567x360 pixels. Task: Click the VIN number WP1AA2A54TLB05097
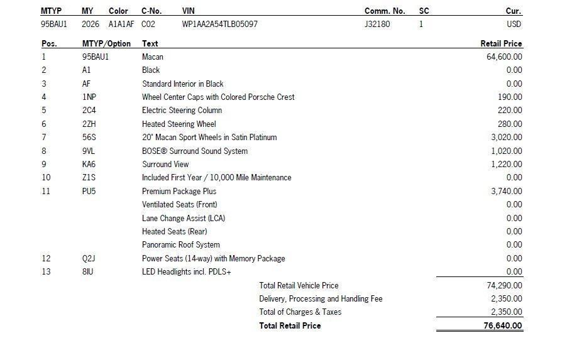219,25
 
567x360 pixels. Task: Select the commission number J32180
377,25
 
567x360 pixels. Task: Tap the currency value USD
514,25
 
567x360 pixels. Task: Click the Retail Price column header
501,44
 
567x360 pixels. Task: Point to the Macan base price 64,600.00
504,57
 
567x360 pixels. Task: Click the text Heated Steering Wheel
179,124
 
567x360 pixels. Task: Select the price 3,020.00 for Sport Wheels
507,138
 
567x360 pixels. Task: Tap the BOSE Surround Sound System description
194,151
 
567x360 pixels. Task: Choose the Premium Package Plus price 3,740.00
507,192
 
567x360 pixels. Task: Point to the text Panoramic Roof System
180,245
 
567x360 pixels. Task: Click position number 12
46,259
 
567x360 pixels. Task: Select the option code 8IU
88,272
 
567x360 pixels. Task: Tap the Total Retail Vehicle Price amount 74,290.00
504,286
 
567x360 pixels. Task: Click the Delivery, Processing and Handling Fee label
321,299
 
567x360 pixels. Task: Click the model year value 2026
91,25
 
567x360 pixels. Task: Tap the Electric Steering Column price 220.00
510,111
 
